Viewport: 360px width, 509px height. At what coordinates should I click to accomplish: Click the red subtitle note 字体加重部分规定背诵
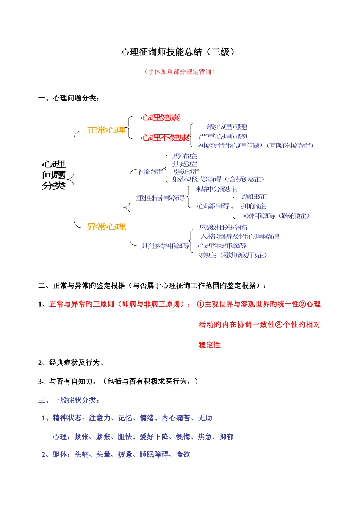(x=180, y=72)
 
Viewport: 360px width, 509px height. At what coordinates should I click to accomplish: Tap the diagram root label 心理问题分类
(x=53, y=175)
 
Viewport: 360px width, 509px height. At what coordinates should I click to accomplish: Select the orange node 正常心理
(x=106, y=130)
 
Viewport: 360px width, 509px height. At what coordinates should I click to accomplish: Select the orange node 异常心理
(x=106, y=227)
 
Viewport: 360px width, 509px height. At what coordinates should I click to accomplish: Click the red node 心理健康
(x=160, y=118)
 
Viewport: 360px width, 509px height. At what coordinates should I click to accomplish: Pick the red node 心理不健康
(x=165, y=137)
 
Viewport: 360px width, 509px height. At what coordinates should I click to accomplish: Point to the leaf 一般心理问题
(x=223, y=127)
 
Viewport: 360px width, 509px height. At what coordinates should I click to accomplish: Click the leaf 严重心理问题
(x=223, y=136)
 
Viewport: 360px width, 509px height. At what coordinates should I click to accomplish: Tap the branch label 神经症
(x=150, y=172)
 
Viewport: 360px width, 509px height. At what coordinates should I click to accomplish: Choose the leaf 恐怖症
(x=185, y=156)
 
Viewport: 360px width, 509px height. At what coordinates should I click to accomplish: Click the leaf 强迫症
(x=186, y=172)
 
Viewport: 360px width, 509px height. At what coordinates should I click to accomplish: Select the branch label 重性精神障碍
(x=160, y=198)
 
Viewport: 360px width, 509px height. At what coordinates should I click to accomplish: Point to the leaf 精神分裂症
(x=216, y=189)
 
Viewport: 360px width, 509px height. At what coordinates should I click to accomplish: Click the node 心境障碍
(x=213, y=206)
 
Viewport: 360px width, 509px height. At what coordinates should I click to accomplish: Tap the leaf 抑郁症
(x=254, y=206)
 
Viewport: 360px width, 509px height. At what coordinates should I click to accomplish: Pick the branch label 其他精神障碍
(x=164, y=246)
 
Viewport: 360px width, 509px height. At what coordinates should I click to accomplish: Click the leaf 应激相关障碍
(x=224, y=227)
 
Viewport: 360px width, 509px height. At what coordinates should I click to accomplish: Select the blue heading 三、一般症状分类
(x=69, y=400)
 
